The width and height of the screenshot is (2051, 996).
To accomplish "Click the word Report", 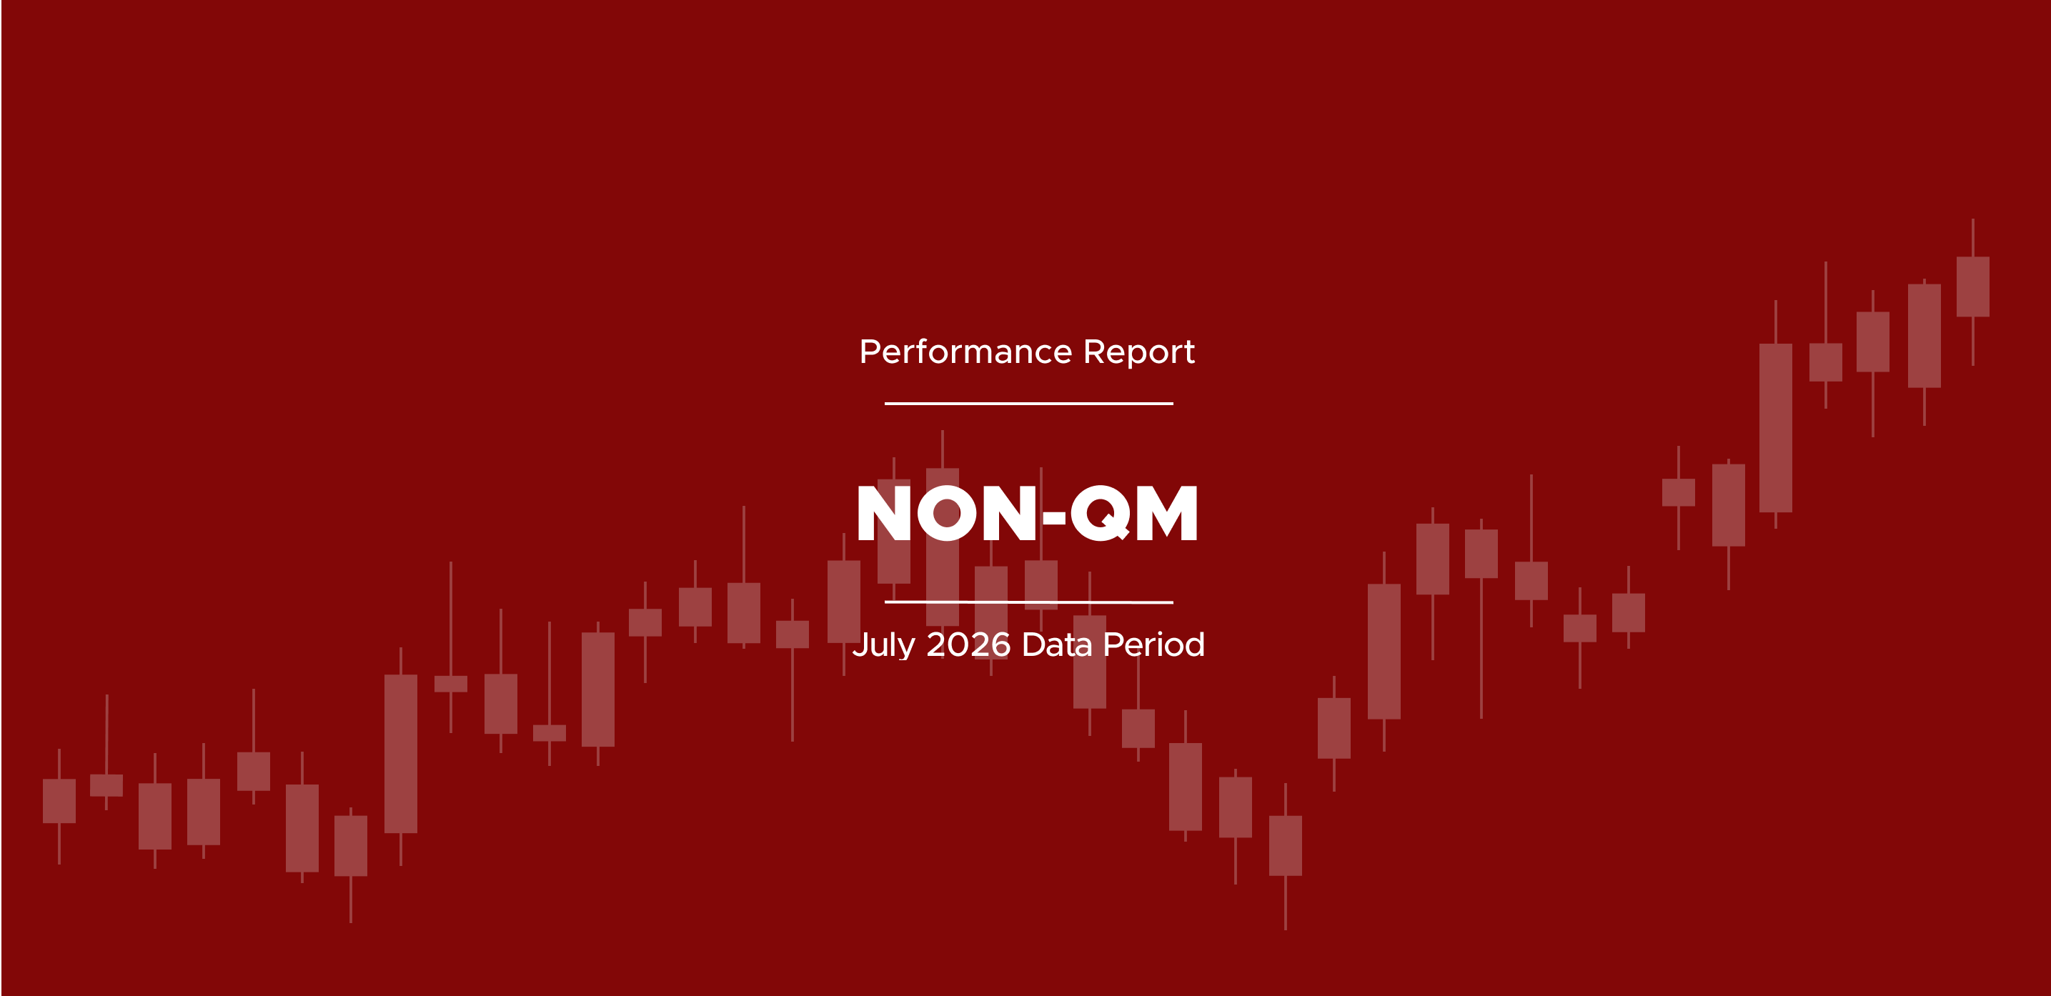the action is coord(1139,352).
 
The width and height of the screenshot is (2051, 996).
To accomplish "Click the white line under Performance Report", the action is coord(1028,404).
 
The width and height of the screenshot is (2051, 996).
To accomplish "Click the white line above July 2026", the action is coord(1028,602).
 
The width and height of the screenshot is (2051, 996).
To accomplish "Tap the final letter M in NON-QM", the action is coord(1166,514).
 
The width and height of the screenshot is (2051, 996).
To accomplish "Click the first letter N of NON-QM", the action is coord(884,514).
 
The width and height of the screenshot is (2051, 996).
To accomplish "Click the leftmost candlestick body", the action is coord(59,801).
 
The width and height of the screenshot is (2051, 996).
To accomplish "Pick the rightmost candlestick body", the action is coord(1973,287).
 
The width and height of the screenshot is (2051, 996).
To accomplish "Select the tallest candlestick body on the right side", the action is coord(1776,427).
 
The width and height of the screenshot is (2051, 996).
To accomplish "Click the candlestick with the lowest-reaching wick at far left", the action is coord(350,845).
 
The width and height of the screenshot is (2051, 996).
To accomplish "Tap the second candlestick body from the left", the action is coord(106,785).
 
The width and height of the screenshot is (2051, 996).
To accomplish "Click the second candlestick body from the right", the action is coord(1925,336).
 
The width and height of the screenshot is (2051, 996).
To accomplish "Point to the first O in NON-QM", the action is coord(948,514).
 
